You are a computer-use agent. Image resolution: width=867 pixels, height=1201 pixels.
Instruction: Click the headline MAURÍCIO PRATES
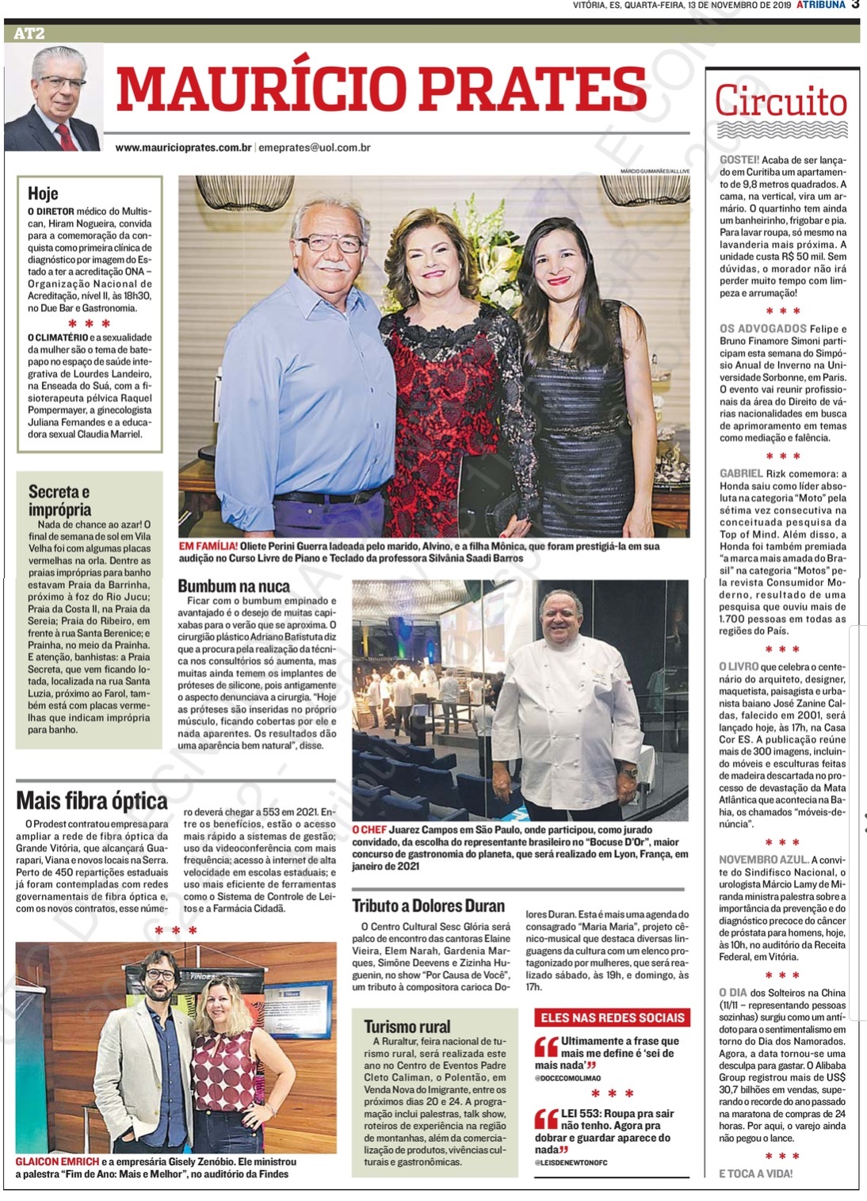tap(381, 88)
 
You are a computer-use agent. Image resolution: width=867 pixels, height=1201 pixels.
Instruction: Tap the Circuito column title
tap(781, 102)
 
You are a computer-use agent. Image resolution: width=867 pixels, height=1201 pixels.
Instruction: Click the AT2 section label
tap(29, 33)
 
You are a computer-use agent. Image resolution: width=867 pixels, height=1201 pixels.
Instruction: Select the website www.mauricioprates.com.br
tap(183, 147)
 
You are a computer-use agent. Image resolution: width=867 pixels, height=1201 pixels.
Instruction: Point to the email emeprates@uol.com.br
tap(315, 147)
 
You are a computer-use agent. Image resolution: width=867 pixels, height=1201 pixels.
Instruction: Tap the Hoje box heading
tap(43, 193)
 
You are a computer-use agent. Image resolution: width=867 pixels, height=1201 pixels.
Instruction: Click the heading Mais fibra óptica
tap(92, 800)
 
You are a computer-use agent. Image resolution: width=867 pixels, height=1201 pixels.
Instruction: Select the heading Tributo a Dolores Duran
tap(428, 906)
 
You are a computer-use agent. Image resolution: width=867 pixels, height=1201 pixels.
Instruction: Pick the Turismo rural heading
tap(407, 1026)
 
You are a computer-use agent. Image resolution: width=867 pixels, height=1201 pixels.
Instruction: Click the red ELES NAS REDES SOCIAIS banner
tap(612, 1017)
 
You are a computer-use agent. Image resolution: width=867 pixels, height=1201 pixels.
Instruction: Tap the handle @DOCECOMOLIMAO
tap(567, 1078)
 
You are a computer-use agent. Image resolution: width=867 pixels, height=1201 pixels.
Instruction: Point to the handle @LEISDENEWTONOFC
tap(571, 1162)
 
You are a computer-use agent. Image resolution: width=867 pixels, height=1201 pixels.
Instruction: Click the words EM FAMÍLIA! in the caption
tap(208, 546)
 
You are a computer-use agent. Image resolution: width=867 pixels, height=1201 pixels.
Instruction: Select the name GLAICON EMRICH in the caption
tap(57, 1161)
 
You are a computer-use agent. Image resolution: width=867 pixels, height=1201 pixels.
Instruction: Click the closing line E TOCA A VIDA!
tap(755, 1173)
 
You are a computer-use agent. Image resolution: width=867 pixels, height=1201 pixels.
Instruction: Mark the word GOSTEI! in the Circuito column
tap(739, 160)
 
